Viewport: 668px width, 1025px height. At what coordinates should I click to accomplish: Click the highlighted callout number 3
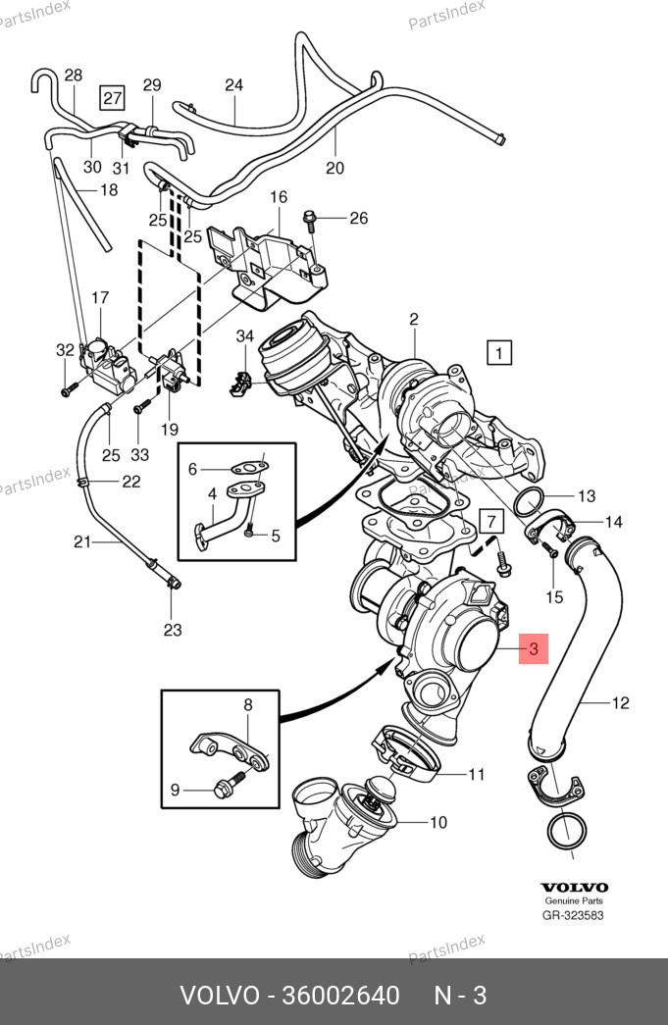tap(533, 648)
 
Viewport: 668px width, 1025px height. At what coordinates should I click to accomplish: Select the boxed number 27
tap(113, 96)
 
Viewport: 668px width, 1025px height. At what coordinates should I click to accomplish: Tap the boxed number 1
tap(499, 352)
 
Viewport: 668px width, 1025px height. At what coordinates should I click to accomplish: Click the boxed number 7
tap(490, 520)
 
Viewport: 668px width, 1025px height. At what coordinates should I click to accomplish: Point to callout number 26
tap(359, 218)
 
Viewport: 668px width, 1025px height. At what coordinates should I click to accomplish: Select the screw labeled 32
tap(65, 389)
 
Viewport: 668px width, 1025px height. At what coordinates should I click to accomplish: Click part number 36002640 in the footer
tap(340, 996)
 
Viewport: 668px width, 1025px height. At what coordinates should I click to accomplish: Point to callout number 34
tap(244, 337)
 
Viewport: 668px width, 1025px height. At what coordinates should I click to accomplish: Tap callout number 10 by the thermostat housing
tap(437, 822)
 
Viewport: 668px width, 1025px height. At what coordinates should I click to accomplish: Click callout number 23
tap(173, 630)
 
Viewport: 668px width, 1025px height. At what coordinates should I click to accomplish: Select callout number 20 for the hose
tap(335, 168)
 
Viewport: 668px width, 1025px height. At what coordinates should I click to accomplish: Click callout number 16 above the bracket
tap(279, 197)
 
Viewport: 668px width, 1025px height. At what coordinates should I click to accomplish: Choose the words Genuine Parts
tap(574, 900)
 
